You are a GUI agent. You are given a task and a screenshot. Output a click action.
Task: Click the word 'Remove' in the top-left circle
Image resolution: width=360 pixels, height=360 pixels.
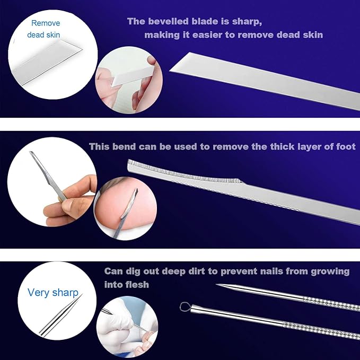point(46,23)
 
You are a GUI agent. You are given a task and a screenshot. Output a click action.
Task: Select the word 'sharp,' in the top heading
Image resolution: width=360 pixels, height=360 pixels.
point(247,22)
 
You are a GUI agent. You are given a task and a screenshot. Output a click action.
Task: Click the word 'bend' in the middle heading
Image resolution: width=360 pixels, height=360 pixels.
point(124,146)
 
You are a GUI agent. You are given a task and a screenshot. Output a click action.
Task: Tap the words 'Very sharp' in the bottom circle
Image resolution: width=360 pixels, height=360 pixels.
point(53,293)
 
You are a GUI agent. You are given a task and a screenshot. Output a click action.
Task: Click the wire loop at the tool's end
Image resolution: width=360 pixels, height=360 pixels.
point(185,307)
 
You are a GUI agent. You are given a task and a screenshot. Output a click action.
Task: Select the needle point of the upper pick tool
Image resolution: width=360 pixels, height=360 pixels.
point(217,285)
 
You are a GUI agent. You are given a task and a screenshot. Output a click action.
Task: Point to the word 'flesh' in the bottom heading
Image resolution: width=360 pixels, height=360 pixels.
point(137,285)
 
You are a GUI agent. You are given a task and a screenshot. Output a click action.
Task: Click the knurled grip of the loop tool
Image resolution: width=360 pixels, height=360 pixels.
point(321,329)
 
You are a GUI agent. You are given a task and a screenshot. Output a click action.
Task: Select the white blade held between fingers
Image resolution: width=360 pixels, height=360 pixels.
point(132,75)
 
